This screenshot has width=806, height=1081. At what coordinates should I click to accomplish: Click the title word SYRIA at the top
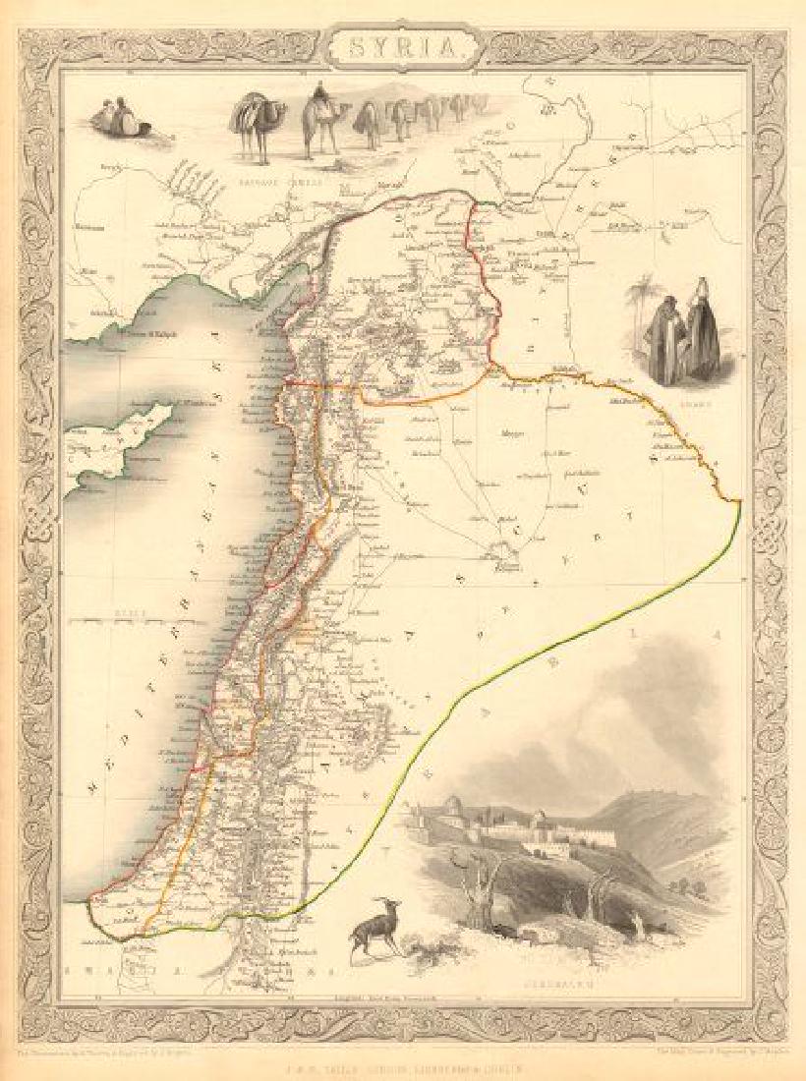tap(403, 46)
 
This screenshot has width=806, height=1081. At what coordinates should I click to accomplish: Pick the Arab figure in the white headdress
tap(702, 329)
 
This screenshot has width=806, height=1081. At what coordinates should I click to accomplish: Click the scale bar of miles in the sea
tap(128, 619)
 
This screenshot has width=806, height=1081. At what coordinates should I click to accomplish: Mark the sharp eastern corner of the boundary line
tap(739, 503)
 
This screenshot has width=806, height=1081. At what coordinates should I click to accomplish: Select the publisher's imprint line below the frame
tap(403, 1063)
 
